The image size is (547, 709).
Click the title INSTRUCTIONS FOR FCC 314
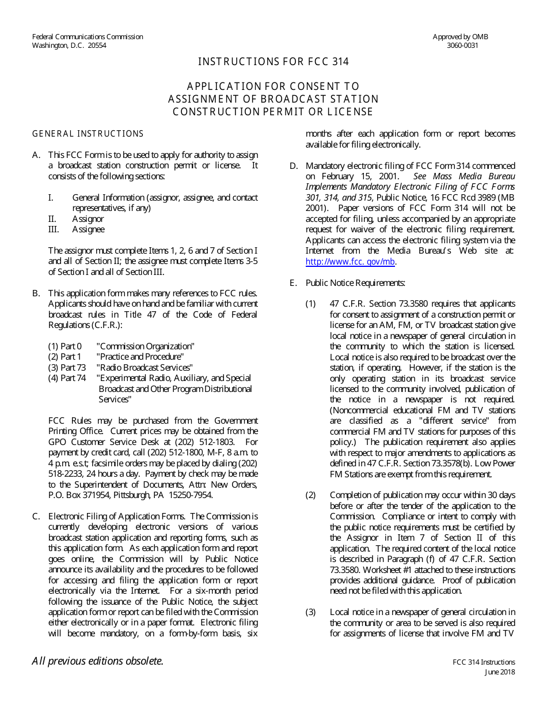(x=273, y=62)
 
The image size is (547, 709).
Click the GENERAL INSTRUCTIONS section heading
(x=88, y=134)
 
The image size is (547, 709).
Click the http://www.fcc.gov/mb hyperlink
(x=350, y=262)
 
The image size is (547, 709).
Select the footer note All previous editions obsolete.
(x=97, y=661)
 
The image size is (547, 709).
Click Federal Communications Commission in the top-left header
(x=88, y=37)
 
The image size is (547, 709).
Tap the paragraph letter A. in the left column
(x=36, y=155)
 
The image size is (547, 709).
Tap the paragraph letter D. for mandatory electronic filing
(x=294, y=166)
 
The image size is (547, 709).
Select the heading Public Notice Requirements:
(x=355, y=283)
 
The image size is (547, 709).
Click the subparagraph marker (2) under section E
(x=310, y=495)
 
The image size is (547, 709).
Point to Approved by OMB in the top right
(x=460, y=37)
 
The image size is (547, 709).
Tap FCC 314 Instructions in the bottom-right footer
(x=484, y=662)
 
